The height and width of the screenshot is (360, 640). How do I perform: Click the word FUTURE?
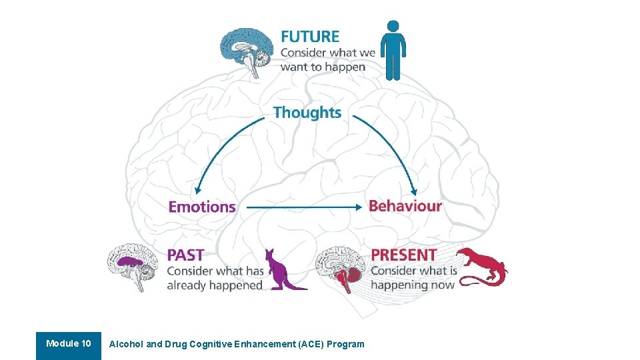click(310, 37)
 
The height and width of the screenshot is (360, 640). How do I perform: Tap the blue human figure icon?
click(393, 50)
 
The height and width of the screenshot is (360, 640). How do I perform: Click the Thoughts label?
click(307, 113)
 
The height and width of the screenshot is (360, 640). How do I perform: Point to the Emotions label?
click(202, 207)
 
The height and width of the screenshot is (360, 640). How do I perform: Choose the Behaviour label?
click(405, 206)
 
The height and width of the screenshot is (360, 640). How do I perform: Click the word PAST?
click(185, 255)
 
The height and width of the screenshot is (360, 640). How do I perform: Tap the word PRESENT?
click(404, 255)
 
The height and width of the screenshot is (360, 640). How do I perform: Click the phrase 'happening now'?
click(413, 285)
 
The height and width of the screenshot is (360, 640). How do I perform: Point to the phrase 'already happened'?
click(215, 285)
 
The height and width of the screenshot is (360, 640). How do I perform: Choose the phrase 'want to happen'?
click(323, 67)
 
